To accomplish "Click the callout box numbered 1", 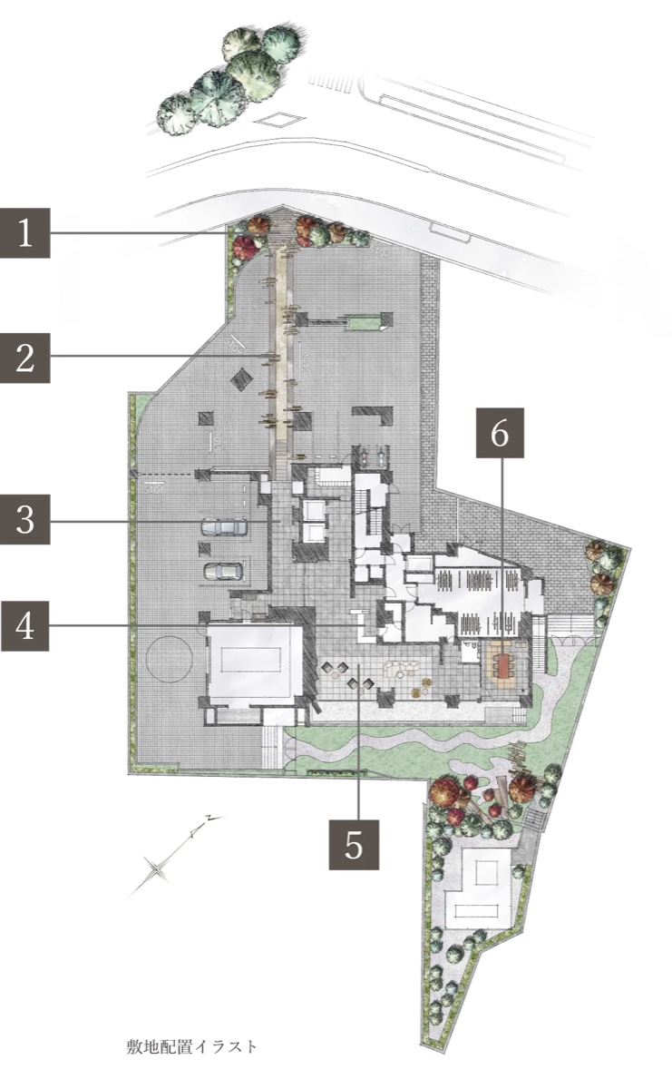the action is (x=25, y=233).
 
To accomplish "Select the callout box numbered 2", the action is (x=25, y=358).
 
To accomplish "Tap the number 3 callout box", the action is (x=25, y=519).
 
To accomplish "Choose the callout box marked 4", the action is (x=25, y=625).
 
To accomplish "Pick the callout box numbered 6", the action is (x=500, y=433).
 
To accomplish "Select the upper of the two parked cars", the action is (x=224, y=526).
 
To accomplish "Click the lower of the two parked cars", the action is (x=223, y=571).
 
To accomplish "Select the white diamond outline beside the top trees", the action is (x=279, y=120).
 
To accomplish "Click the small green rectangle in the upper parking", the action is (x=363, y=322).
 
